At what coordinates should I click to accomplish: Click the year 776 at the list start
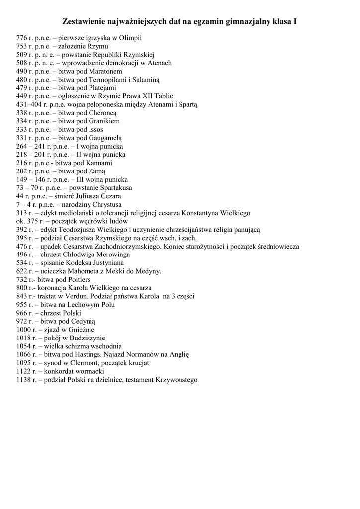click(22, 38)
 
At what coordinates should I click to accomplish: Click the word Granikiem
click(104, 121)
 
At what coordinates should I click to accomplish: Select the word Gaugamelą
click(105, 138)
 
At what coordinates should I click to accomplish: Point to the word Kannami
click(98, 163)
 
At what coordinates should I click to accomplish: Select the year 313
click(22, 213)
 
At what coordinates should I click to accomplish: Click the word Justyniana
click(106, 263)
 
